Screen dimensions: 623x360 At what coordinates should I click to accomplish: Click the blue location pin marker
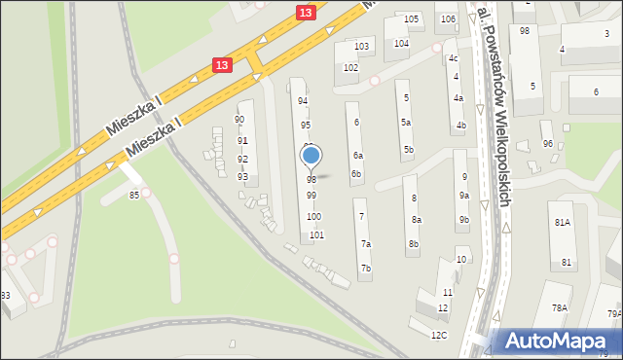point(311,156)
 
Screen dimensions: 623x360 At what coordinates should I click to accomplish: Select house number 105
point(412,19)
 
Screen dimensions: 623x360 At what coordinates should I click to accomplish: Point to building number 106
point(447,19)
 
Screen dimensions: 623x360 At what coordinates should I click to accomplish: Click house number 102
point(350,68)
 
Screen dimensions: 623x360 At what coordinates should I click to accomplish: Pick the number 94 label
point(303,101)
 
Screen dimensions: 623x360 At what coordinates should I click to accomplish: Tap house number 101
point(316,235)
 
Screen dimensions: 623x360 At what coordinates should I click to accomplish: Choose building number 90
point(239,120)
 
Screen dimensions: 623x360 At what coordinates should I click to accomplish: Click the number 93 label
point(242,176)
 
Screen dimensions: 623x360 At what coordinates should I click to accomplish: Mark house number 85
point(133,196)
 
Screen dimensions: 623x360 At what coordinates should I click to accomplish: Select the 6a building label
point(358,156)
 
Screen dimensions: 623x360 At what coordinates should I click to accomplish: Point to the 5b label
point(409,149)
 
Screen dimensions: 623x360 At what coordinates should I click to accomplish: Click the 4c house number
point(453,58)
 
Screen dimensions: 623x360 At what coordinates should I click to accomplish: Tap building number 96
point(548,144)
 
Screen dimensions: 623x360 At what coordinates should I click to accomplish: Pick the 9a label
point(464,197)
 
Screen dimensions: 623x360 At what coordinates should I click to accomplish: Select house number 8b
point(414,243)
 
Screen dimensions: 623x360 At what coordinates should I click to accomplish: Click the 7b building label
point(366,268)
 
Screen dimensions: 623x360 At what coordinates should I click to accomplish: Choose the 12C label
point(439,336)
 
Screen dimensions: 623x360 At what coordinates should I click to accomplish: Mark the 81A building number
point(563,223)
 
